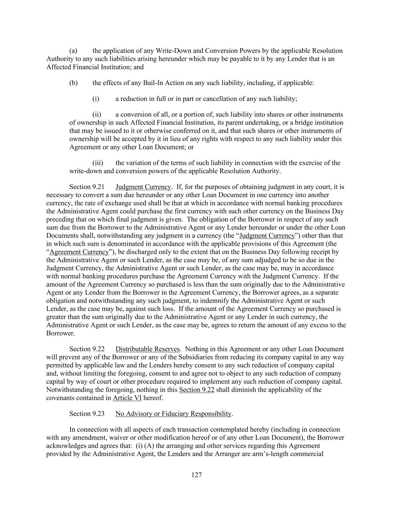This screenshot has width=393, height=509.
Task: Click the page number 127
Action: [x=196, y=475]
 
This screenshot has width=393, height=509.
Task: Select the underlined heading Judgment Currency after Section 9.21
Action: [x=143, y=187]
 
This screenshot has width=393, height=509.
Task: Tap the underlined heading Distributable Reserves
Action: [x=148, y=349]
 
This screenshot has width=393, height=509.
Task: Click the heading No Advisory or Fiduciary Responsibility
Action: [x=174, y=414]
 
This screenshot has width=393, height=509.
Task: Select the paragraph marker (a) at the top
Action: [x=73, y=51]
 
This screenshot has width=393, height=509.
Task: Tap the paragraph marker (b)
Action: [x=73, y=83]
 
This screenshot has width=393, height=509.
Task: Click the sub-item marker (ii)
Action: [x=97, y=114]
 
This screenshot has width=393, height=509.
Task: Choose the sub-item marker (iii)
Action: [x=98, y=163]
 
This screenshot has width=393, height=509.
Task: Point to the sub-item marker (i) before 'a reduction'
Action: [x=96, y=99]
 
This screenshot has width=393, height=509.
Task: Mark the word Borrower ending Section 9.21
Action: [x=60, y=333]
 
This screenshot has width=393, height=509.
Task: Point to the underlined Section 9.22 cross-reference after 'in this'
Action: [x=197, y=390]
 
